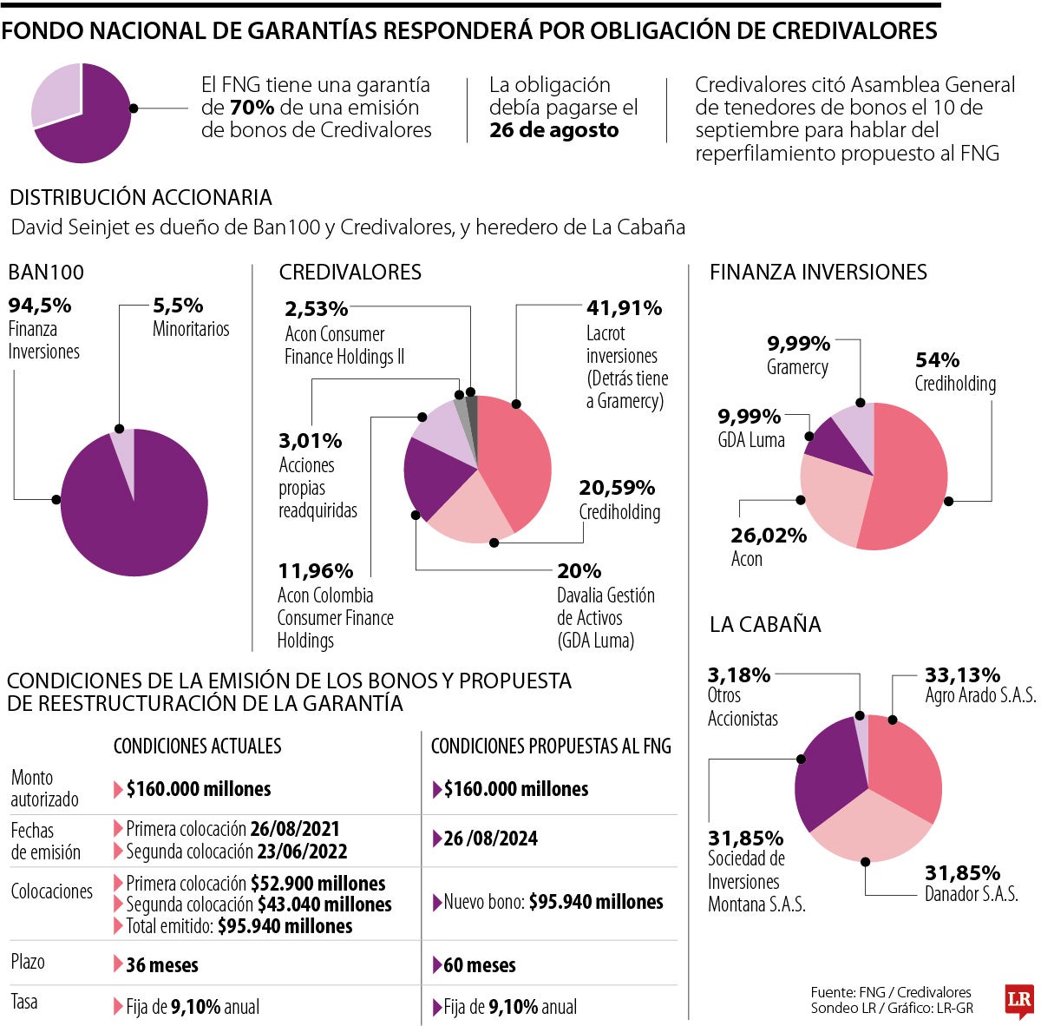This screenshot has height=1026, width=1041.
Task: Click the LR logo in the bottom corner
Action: (x=1018, y=1001)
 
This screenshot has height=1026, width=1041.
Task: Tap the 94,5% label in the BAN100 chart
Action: (x=40, y=306)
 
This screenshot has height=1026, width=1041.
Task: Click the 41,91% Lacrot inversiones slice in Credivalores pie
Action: (x=516, y=451)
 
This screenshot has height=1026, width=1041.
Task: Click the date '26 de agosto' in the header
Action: (x=553, y=130)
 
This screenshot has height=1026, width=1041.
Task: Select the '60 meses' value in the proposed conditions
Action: (x=479, y=964)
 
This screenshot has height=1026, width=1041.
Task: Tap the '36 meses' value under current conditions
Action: (x=161, y=964)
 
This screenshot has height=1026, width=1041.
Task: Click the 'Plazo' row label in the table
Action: (x=28, y=962)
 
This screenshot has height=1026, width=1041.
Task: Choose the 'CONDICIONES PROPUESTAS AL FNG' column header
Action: (x=551, y=746)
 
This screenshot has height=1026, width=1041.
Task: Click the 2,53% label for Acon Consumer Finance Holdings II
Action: (x=316, y=308)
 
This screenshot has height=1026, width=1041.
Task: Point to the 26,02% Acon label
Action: (x=768, y=536)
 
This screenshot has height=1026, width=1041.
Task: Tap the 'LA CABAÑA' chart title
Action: (x=764, y=624)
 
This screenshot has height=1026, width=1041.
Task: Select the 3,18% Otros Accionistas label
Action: (x=739, y=674)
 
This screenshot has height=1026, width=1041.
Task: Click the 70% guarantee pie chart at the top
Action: (x=82, y=113)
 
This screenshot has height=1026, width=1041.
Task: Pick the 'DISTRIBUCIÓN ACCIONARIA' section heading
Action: (x=141, y=197)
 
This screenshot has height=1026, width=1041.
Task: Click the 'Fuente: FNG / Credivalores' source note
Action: (x=890, y=992)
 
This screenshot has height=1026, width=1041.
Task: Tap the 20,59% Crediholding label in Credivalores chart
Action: (x=617, y=488)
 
